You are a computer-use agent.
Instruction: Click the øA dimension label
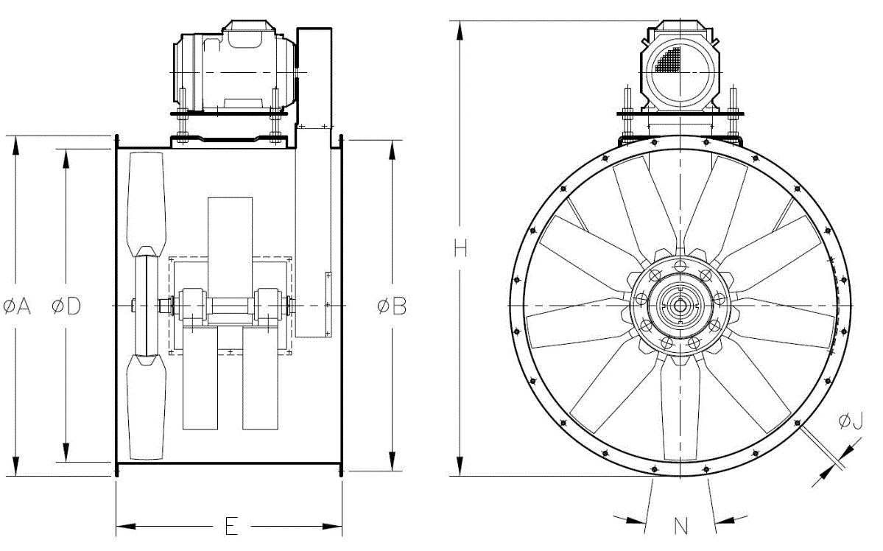coord(16,306)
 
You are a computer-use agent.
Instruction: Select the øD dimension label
coord(66,306)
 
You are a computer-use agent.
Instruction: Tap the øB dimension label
coord(392,306)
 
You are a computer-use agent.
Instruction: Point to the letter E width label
coord(231,526)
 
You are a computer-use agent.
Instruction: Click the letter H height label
coord(460,248)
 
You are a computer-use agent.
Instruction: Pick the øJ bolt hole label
coord(851,421)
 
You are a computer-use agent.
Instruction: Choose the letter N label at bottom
coord(680,526)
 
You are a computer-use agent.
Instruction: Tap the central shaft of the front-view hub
coord(680,306)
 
